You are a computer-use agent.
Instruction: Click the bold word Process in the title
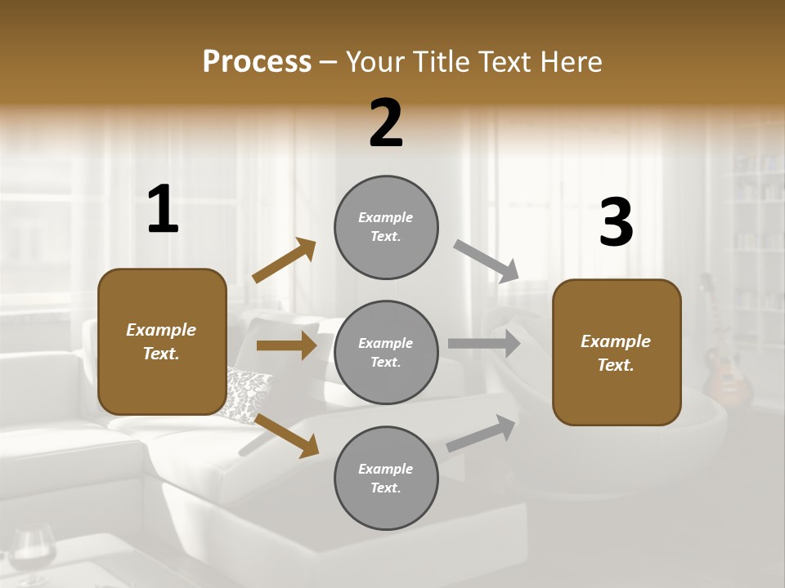click(x=257, y=62)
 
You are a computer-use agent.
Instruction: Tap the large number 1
click(x=163, y=210)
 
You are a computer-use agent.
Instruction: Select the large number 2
click(x=386, y=123)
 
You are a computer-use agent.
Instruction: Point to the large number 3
click(x=616, y=224)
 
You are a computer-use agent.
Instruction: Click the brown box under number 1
click(x=162, y=341)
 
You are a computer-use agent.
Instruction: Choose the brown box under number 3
click(x=617, y=353)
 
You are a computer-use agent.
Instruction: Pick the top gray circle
click(x=386, y=227)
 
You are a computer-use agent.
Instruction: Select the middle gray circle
click(x=386, y=352)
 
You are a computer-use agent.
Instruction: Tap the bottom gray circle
click(x=386, y=478)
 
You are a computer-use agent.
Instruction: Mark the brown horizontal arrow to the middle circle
click(x=287, y=346)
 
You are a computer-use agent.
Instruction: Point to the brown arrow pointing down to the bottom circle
click(x=286, y=434)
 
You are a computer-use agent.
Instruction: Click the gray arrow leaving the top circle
click(x=487, y=261)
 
